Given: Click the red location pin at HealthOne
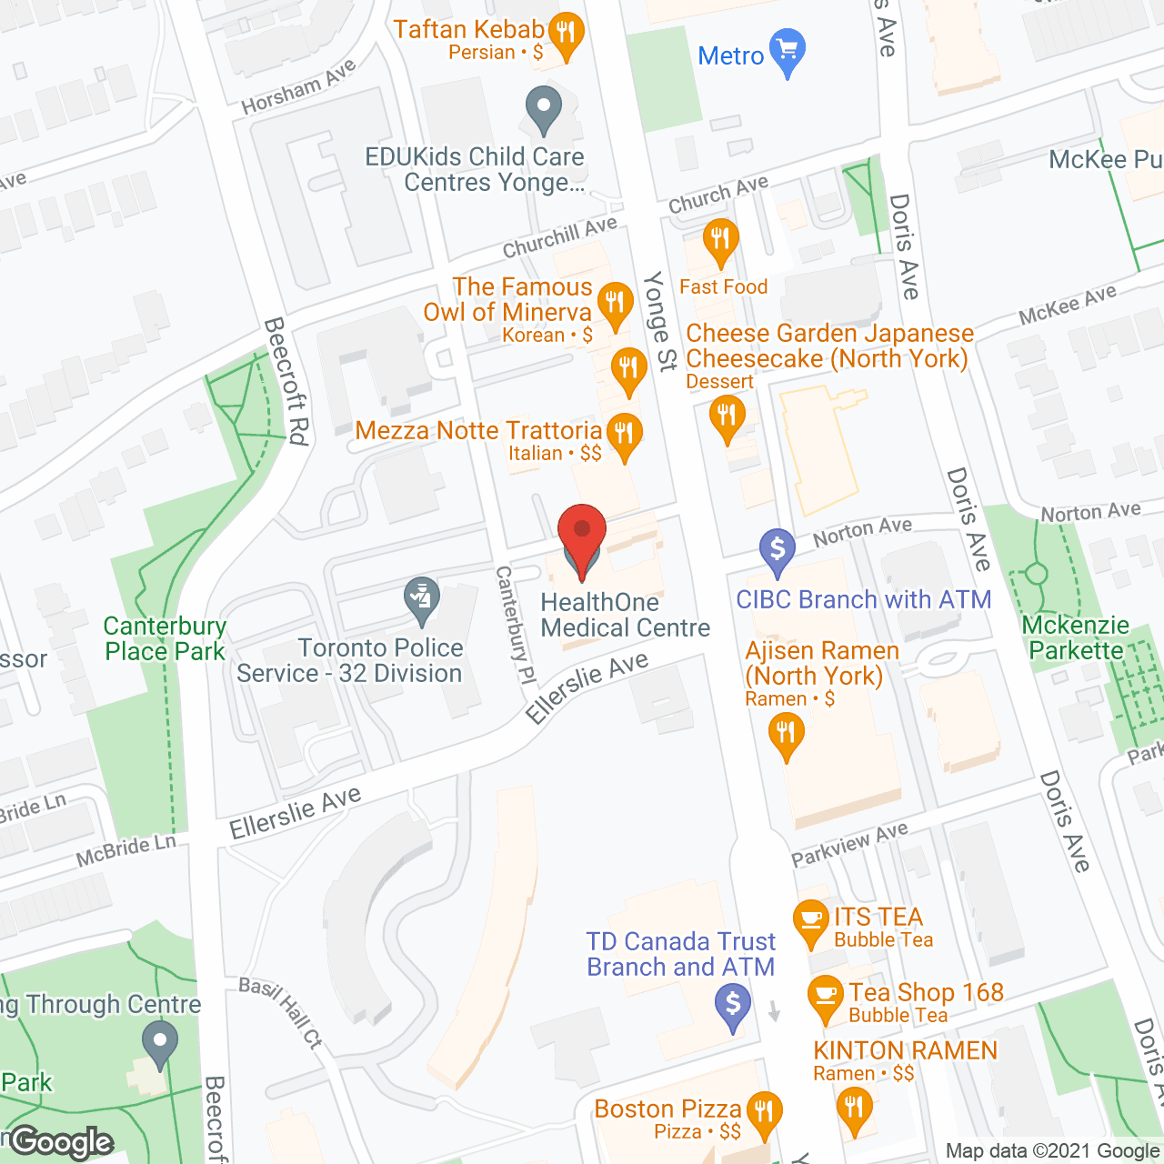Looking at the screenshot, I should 581,533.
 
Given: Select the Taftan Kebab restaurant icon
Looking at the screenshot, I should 567,34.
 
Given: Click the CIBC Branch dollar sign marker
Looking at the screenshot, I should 778,549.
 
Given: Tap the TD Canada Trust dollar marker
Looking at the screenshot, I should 733,1006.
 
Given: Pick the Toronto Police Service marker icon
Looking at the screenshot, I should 422,599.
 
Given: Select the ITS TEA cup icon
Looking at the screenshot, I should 810,920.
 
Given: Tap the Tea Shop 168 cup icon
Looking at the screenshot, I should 826,996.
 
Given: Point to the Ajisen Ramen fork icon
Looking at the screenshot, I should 787,733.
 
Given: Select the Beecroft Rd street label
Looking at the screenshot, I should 286,381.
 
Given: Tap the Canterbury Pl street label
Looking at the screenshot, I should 515,625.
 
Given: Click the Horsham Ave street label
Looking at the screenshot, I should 298,89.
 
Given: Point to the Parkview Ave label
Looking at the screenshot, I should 849,845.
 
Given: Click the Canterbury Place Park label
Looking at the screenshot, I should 165,638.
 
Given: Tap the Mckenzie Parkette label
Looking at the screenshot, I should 1076,637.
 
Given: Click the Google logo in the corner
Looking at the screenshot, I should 62,1142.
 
